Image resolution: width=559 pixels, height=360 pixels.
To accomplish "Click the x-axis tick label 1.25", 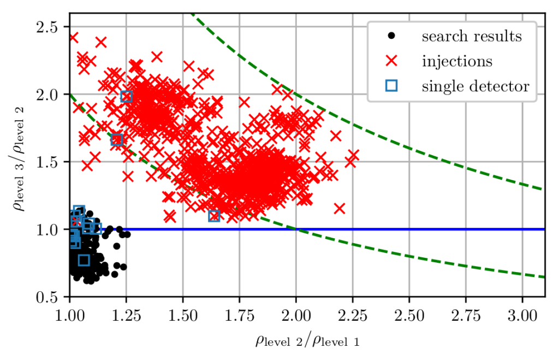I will tap(126, 317).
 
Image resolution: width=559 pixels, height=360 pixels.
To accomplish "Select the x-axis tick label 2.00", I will tap(296, 317).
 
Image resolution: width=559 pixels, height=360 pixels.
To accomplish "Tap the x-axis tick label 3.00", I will tap(522, 317).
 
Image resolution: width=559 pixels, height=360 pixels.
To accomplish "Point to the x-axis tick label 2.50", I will tap(409, 317).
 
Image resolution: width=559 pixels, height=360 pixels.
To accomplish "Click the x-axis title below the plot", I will tap(307, 341).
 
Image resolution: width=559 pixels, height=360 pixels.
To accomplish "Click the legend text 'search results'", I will tap(471, 37).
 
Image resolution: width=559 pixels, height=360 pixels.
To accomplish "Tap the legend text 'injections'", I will tap(456, 61).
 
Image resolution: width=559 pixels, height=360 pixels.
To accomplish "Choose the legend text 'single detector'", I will tap(475, 85).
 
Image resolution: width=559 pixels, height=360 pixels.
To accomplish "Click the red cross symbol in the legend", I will tap(391, 61).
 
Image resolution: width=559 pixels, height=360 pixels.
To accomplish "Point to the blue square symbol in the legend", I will tap(391, 85).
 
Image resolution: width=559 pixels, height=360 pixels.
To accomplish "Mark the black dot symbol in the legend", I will tap(391, 37).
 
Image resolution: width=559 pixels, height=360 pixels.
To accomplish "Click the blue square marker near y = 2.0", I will tap(127, 97).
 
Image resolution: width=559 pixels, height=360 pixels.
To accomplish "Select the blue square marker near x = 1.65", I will tap(214, 216).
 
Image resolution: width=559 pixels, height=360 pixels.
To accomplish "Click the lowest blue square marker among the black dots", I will tap(84, 260).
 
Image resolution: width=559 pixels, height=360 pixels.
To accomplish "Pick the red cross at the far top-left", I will tap(73, 37).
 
